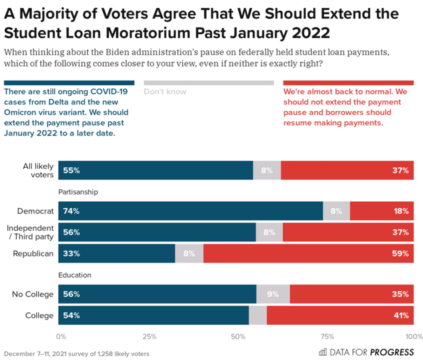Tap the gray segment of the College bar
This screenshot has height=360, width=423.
(258, 315)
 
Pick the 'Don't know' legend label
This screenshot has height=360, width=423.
(165, 91)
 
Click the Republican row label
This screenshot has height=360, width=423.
(33, 254)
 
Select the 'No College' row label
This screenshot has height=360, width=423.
(33, 294)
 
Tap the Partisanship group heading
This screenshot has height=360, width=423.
(78, 192)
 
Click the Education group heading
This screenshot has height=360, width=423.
(75, 275)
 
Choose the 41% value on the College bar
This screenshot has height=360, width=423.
(400, 315)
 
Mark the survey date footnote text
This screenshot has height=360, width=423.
(77, 354)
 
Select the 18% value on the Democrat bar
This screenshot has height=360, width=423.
(401, 211)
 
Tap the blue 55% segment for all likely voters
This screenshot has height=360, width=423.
(155, 170)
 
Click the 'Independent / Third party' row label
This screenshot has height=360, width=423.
(30, 232)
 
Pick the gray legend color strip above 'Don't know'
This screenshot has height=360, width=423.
(208, 83)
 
